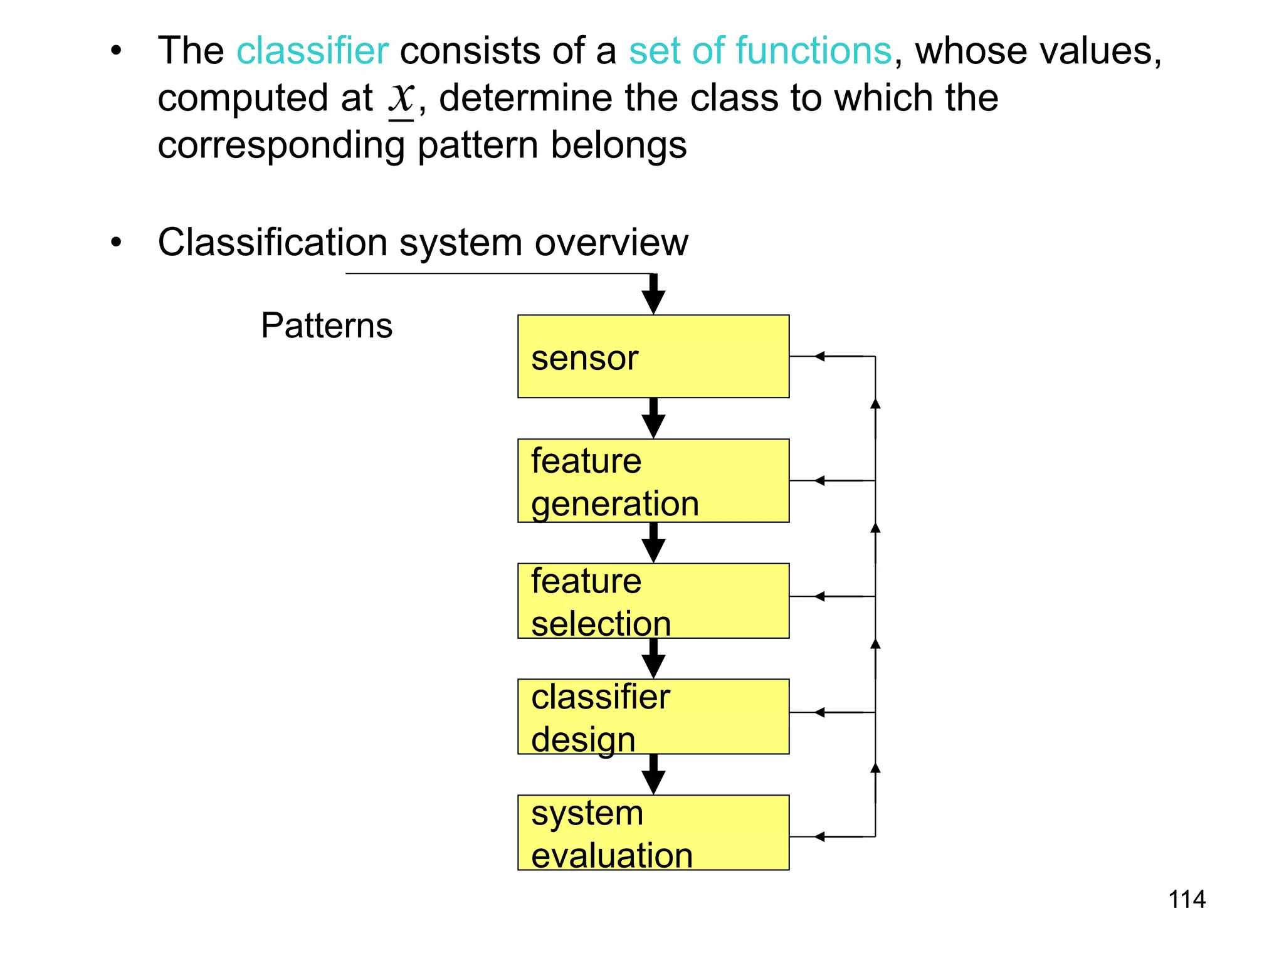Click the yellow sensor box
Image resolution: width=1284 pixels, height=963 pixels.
point(653,356)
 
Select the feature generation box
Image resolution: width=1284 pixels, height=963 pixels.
point(653,480)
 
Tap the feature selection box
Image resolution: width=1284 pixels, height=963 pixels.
point(653,601)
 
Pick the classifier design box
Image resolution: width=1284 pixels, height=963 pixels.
point(653,716)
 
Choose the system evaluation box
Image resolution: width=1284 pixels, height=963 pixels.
point(653,832)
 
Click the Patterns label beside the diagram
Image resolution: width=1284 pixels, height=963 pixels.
point(327,326)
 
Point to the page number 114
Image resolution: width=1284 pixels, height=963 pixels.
point(1186,899)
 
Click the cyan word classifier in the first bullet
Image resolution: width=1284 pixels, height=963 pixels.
point(312,51)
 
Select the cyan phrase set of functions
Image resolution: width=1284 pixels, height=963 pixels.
point(760,51)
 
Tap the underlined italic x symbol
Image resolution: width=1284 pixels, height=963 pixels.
point(401,98)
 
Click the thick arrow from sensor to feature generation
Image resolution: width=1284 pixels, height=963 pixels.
point(653,419)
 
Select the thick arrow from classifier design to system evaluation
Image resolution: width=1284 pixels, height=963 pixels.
point(653,775)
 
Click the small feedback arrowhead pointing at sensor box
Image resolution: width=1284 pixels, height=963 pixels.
point(819,356)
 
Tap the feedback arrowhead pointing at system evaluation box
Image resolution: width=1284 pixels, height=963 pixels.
point(819,836)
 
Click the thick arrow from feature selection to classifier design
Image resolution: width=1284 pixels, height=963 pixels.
point(653,659)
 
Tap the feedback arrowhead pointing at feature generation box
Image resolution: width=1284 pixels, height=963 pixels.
point(819,481)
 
